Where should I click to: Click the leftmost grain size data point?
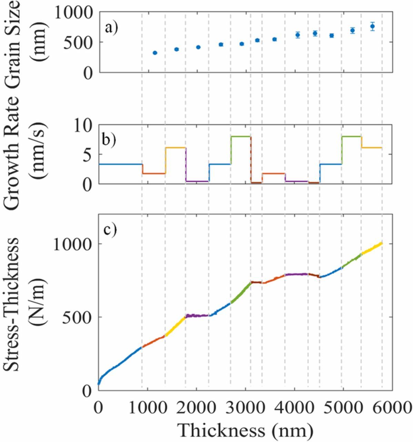155,53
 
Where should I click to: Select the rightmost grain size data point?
372,26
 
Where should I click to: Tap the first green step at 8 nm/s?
241,136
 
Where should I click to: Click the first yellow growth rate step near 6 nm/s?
175,148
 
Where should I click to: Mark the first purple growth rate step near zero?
197,181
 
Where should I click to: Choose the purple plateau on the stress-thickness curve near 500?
197,315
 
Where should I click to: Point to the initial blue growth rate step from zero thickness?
121,164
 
